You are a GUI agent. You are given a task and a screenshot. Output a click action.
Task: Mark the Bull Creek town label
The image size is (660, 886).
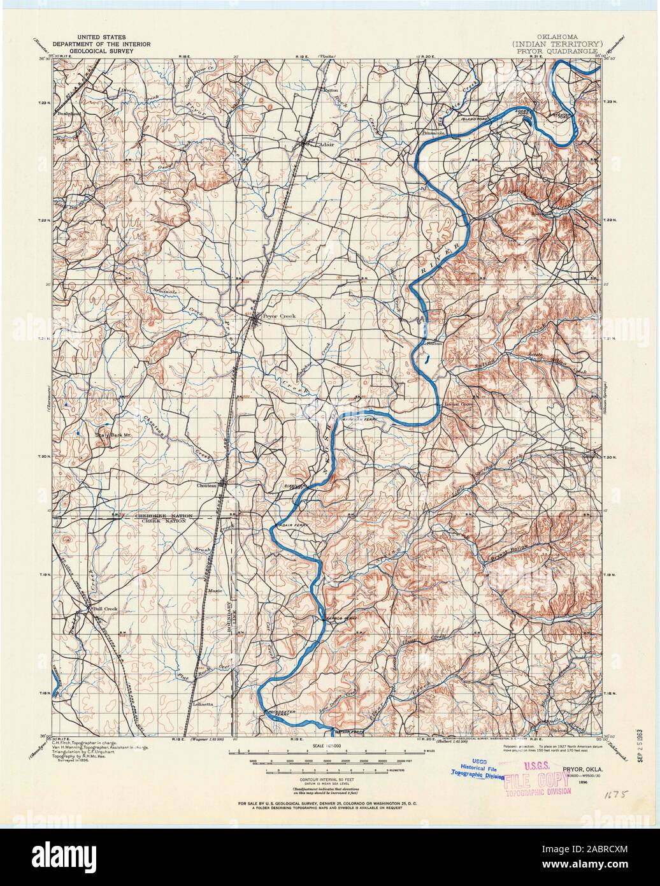tap(106, 609)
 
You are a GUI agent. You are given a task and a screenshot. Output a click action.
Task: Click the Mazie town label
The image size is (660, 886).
tap(214, 592)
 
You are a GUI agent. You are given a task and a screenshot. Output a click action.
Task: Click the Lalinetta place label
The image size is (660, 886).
tap(203, 704)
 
